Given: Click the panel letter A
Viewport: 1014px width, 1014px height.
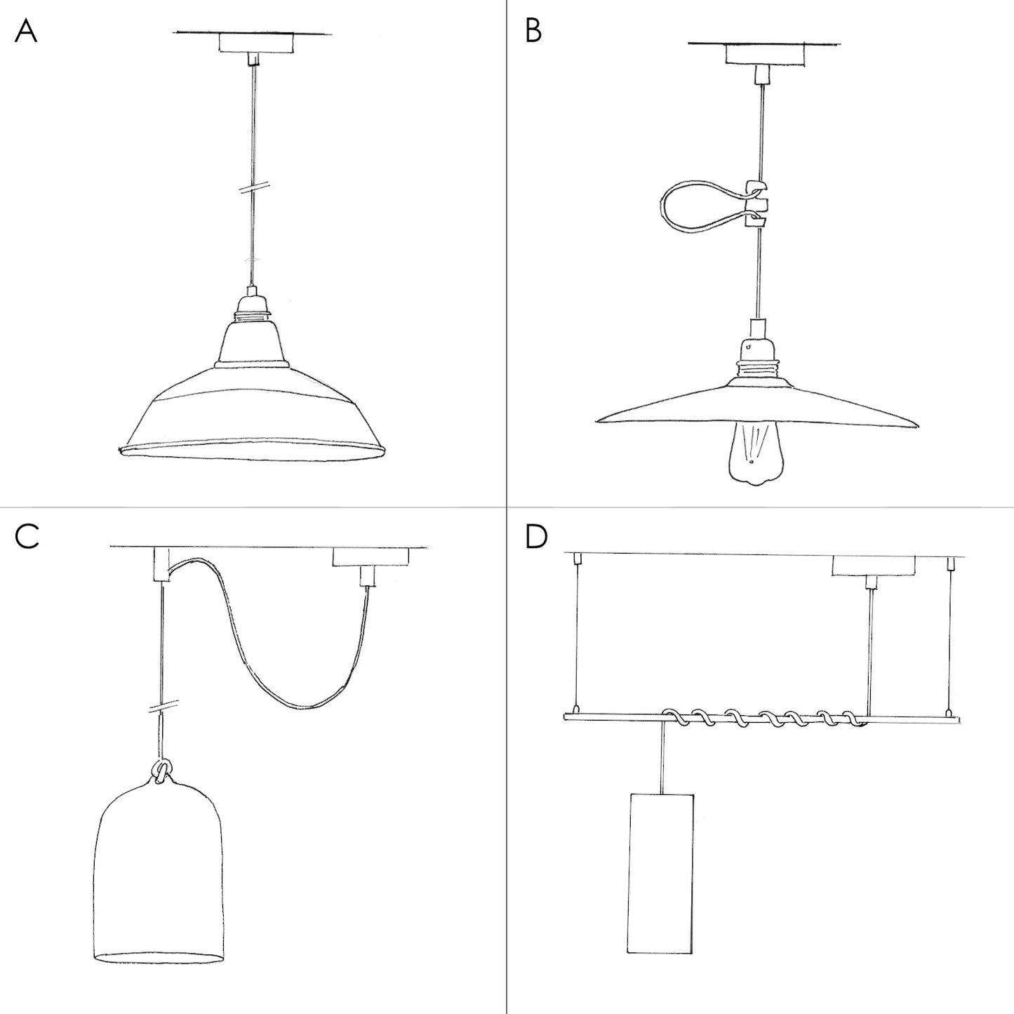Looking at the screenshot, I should (26, 32).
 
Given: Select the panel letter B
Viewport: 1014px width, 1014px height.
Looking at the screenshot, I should (533, 32).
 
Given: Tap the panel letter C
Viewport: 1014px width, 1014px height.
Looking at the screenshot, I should (27, 537).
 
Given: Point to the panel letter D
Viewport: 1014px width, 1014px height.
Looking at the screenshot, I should (535, 537).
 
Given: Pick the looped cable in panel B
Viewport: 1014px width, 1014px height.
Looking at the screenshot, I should (695, 204).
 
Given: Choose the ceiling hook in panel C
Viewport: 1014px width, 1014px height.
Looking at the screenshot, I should (161, 565).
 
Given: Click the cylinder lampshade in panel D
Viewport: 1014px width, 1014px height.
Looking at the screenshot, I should (661, 874).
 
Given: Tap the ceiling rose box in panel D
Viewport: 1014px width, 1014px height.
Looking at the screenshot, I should (873, 565).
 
